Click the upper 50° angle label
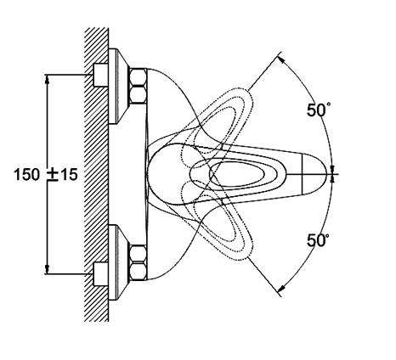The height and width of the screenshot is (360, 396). [319, 110]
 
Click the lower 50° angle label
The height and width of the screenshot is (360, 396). [319, 240]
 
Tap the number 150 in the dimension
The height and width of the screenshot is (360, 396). [27, 174]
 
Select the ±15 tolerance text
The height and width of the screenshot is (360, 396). [62, 174]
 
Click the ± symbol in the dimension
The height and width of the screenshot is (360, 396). [53, 175]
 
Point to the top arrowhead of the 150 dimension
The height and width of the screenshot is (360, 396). [48, 79]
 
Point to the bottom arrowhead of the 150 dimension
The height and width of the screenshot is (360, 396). [48, 270]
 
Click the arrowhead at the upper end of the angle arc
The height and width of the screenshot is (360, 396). [281, 59]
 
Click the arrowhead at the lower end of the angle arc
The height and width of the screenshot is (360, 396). [281, 288]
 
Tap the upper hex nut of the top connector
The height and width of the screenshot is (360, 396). [138, 76]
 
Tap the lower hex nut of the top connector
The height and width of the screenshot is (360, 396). [138, 94]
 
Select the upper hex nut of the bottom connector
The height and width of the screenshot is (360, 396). [138, 254]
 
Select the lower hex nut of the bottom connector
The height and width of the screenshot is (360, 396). [138, 272]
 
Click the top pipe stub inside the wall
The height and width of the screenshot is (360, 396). [100, 75]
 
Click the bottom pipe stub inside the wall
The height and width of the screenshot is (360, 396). [100, 273]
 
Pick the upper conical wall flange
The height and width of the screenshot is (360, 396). [118, 87]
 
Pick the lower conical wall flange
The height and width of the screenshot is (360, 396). [118, 262]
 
